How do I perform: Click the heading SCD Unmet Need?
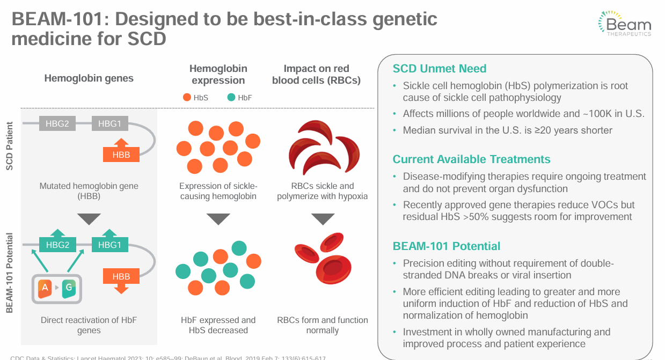[440, 69]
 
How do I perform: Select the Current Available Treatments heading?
[471, 159]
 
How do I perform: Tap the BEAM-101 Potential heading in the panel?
[446, 246]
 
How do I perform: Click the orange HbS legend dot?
[187, 98]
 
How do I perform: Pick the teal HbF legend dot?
[231, 98]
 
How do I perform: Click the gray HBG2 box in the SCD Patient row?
[57, 124]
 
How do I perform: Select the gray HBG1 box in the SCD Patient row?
[109, 124]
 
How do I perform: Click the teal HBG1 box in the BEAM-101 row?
[109, 245]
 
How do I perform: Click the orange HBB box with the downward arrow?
[121, 277]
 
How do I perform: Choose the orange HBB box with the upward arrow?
[121, 154]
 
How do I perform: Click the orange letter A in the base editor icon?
[45, 289]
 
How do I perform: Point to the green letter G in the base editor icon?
[69, 289]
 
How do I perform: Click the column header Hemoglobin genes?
[89, 78]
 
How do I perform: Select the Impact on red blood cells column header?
[316, 75]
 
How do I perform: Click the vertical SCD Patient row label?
[10, 146]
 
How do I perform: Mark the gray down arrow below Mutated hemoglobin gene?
[89, 219]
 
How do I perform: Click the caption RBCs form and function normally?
[322, 325]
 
